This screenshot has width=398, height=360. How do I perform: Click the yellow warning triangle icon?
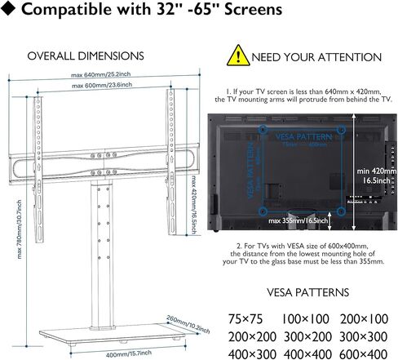237,56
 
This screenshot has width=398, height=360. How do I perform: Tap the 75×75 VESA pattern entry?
245,317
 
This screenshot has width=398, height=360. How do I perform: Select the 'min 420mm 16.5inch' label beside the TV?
374,176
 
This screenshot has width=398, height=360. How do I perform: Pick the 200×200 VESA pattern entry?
245,335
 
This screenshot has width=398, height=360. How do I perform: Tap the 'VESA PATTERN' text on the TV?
302,137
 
